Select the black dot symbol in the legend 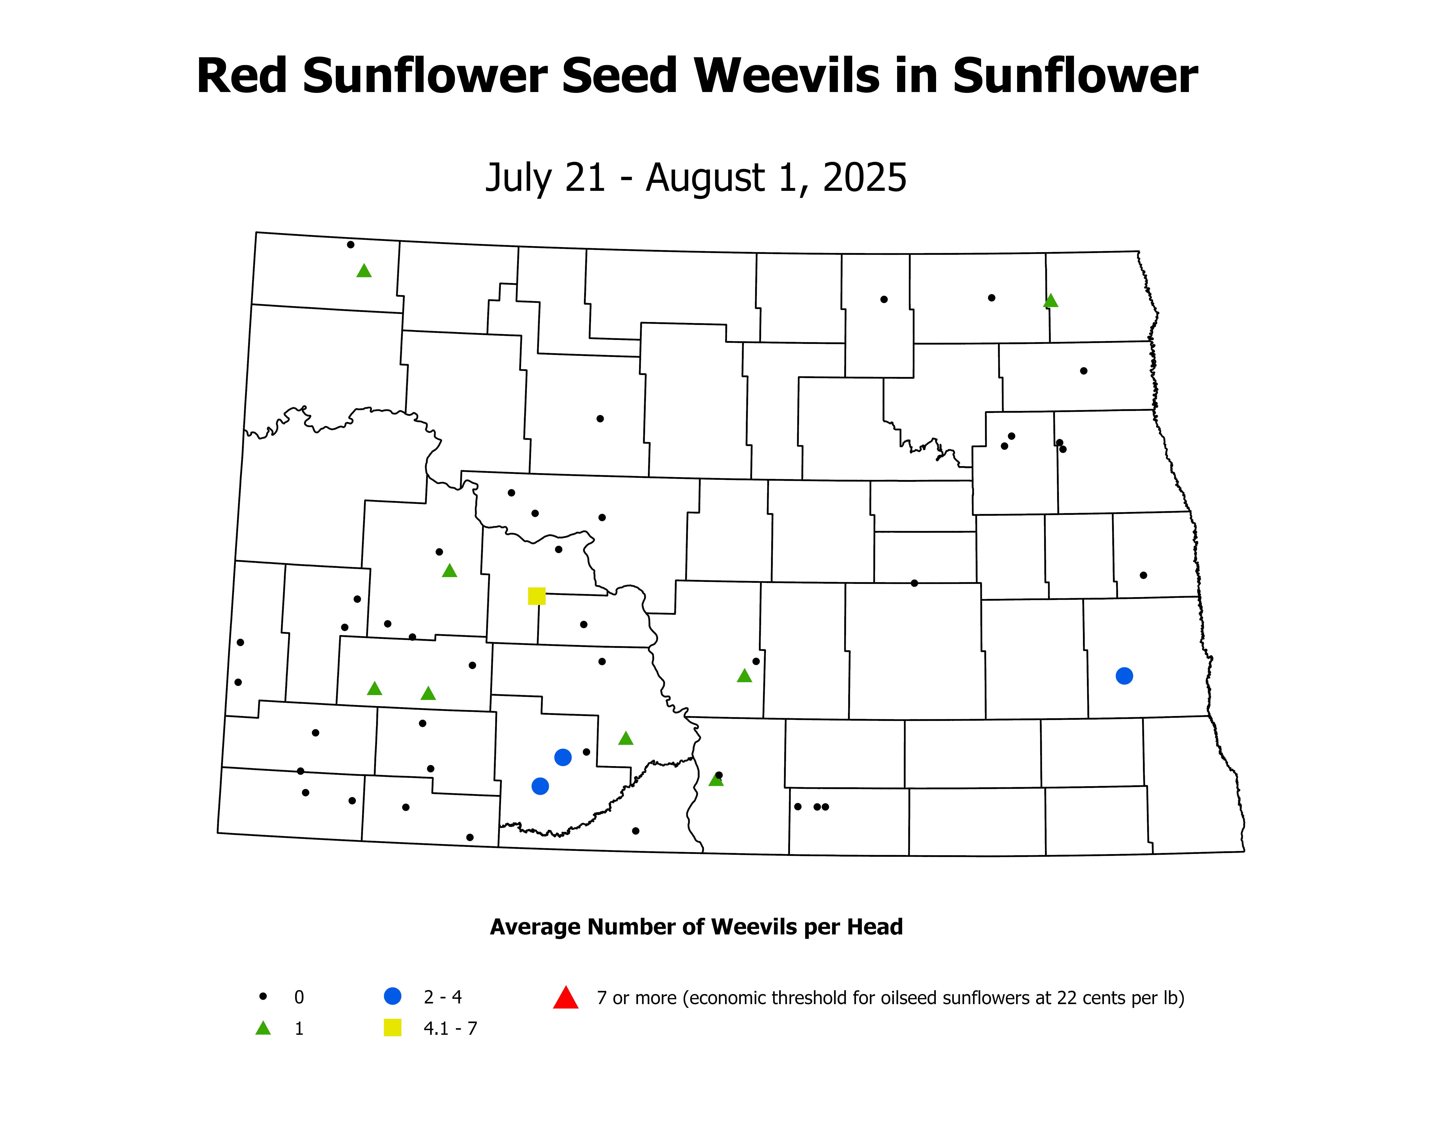[x=263, y=996]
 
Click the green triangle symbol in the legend [x=263, y=1028]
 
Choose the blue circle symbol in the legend [x=393, y=996]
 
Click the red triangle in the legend [x=565, y=998]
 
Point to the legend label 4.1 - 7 [x=450, y=1028]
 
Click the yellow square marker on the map [x=537, y=596]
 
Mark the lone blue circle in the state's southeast [x=1124, y=676]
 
